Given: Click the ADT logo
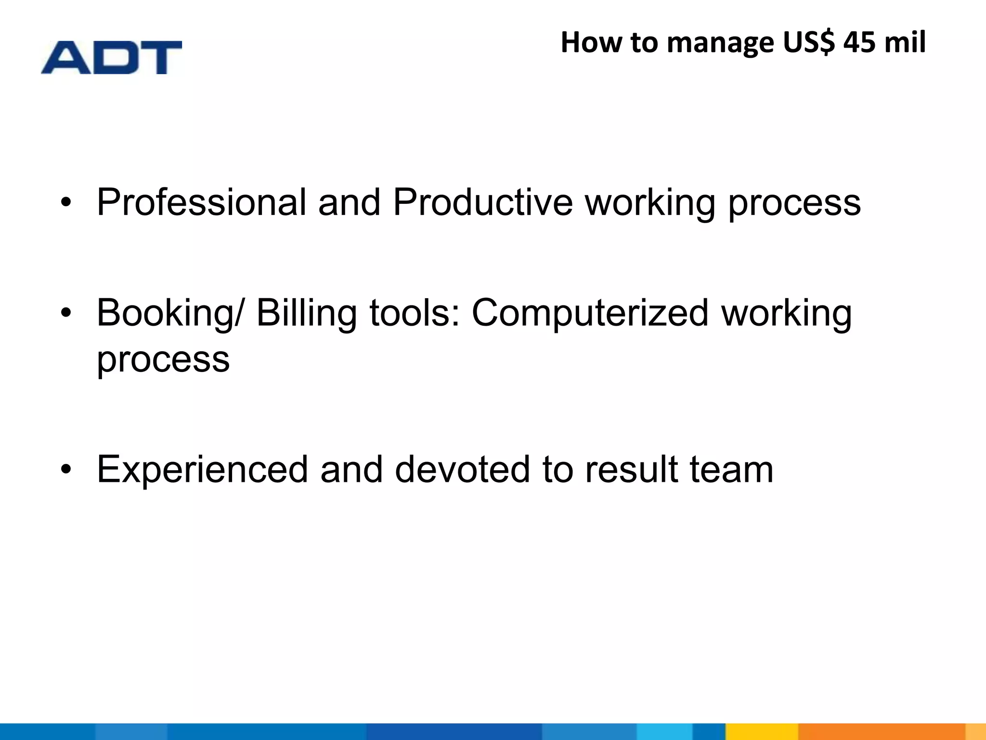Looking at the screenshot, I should click(111, 57).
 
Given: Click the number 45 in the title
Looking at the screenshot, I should click(859, 42).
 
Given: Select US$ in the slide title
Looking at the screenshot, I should click(809, 42).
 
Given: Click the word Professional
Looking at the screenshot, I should click(201, 202).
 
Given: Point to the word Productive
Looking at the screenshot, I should click(482, 202).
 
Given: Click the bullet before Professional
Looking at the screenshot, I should click(66, 203).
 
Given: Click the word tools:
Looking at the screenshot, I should click(415, 313).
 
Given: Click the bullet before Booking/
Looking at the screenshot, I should click(66, 314).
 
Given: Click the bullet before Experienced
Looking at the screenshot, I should click(66, 470).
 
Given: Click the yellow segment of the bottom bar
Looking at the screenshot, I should click(762, 731).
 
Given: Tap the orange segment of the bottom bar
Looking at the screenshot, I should click(881, 731).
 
